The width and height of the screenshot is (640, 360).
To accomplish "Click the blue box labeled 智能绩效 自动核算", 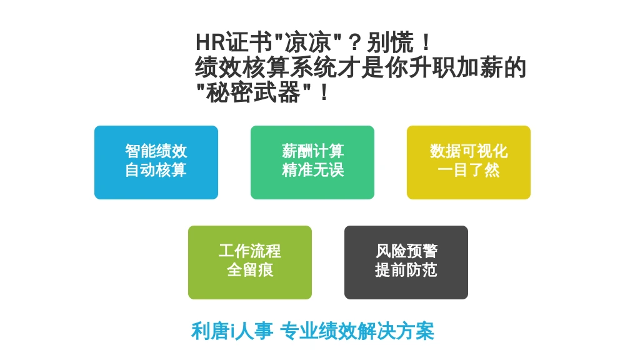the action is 156,162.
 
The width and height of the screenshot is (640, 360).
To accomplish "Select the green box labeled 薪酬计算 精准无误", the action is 312,162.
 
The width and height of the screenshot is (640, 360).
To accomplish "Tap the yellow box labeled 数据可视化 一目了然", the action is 469,162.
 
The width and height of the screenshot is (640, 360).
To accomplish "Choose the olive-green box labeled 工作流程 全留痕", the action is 250,262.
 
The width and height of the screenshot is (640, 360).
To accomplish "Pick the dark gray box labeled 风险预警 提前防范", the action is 406,262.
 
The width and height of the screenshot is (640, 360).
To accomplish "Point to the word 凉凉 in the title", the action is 307,42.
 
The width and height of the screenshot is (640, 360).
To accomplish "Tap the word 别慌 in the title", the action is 390,42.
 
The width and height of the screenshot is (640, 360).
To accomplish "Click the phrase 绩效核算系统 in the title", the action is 266,67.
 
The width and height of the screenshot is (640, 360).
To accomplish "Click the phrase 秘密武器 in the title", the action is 254,92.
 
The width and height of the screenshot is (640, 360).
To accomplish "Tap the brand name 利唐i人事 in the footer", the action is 232,331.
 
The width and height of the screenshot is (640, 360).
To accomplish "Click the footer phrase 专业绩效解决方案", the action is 357,331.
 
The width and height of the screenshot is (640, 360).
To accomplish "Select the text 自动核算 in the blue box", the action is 156,170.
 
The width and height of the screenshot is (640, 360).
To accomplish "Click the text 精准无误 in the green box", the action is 312,170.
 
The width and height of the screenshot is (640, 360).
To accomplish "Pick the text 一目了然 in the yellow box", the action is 469,170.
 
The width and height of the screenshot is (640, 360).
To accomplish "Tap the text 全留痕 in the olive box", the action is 250,270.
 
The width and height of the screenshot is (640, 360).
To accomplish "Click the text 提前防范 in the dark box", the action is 406,270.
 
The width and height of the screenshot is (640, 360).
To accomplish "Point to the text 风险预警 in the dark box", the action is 406,251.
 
